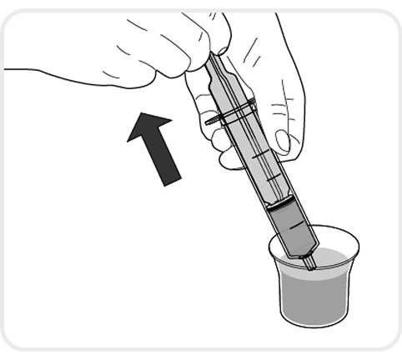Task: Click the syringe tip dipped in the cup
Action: [309, 262]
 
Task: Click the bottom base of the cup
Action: [313, 321]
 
